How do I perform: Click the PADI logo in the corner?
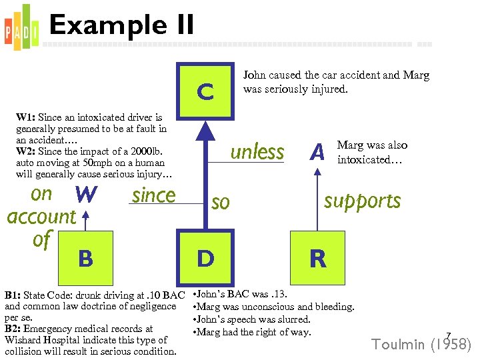[21, 25]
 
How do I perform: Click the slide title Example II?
[121, 25]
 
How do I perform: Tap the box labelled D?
[205, 258]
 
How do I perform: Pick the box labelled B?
[85, 258]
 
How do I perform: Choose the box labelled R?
[317, 258]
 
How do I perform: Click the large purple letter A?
[318, 153]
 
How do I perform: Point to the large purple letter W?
[87, 195]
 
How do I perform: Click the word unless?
[257, 152]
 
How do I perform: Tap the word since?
[153, 195]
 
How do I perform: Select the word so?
[220, 202]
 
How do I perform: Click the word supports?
[362, 201]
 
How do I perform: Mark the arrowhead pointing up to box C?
[206, 131]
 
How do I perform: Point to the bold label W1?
[27, 118]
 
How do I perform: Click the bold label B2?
[15, 329]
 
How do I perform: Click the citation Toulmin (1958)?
[421, 345]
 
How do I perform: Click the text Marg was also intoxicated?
[372, 153]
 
